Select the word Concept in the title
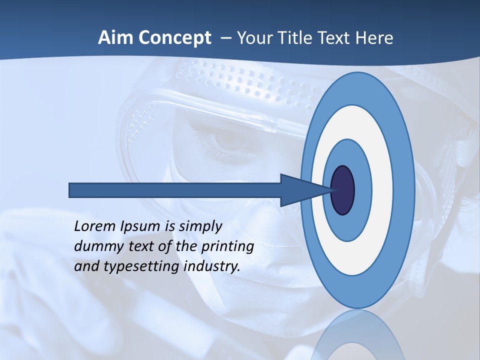[174, 38]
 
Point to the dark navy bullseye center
[342, 190]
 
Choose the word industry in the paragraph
[212, 266]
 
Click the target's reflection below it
[357, 335]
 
